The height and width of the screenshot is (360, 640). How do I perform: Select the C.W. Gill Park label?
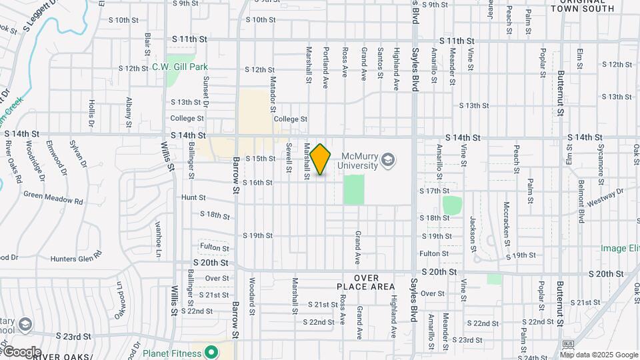pos(180,67)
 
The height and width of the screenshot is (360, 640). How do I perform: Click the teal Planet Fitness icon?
pos(211,351)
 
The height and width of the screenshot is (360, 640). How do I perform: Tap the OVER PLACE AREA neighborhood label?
pos(366,282)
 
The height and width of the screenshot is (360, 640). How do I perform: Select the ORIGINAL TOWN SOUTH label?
pos(583,5)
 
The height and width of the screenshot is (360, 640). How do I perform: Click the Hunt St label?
pos(193,198)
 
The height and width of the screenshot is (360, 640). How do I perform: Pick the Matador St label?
pos(273,92)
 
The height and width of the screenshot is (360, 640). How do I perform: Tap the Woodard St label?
pos(253,296)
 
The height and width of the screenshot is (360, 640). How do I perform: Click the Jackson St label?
pos(472,230)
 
